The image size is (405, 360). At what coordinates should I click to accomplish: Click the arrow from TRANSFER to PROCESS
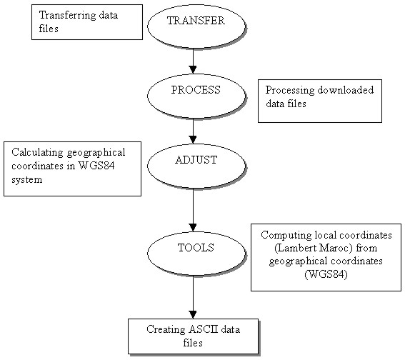tap(193, 61)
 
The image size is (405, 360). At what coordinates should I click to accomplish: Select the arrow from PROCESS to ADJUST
tap(193, 131)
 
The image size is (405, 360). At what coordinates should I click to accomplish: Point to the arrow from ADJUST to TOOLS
tap(193, 210)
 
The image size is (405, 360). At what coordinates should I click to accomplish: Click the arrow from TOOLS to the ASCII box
tap(193, 297)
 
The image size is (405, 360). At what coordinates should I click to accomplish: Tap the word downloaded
tap(345, 90)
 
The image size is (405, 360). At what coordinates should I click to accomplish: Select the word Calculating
tap(37, 153)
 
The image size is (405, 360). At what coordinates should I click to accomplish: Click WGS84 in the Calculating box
tap(96, 166)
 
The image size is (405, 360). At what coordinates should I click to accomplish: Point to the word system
tap(27, 179)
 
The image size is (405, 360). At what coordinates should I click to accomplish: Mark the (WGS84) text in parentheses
tap(326, 274)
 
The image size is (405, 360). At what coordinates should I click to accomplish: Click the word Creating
tap(166, 329)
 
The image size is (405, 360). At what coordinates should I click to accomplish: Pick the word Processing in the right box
tap(290, 91)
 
